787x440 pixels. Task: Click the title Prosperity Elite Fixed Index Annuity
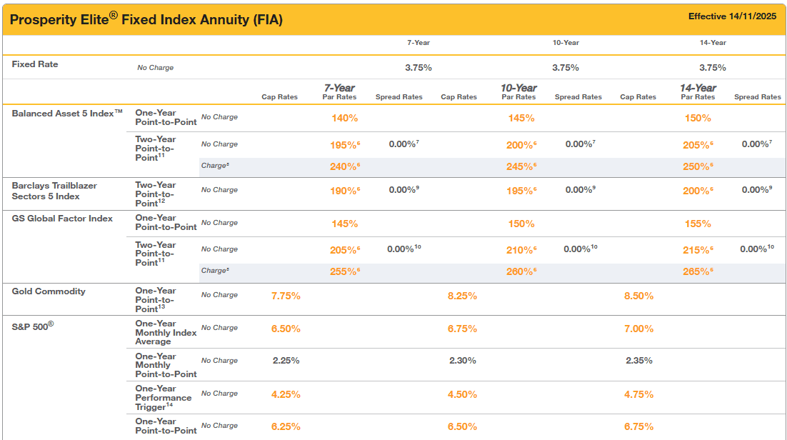pos(146,19)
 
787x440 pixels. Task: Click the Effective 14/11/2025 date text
pos(732,16)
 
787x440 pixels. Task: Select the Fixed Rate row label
pos(35,64)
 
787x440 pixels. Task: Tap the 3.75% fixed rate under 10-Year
pos(566,67)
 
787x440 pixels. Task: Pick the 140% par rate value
pos(344,118)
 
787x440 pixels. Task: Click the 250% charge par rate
pos(697,166)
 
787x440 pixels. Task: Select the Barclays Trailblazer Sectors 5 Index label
pos(54,191)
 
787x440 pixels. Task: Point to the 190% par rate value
pos(343,191)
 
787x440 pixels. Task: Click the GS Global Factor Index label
pos(62,219)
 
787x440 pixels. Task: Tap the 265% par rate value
pos(697,271)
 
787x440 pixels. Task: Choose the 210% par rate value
pos(520,250)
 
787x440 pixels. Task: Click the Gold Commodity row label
pos(49,291)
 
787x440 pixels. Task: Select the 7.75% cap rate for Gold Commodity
pos(286,296)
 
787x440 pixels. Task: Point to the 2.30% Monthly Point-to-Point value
pos(462,361)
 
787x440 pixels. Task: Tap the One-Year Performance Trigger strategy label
pos(164,398)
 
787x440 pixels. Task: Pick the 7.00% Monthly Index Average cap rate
pos(639,329)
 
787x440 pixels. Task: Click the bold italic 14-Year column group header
pos(698,88)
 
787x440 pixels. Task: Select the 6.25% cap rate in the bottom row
pos(286,426)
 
